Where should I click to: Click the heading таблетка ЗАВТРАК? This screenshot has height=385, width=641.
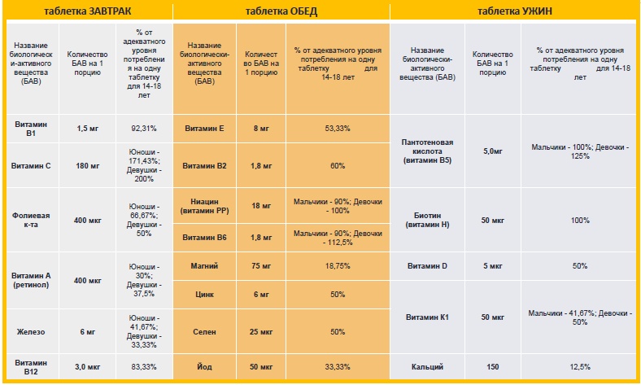click(x=87, y=11)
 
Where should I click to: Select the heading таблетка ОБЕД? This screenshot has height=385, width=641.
click(x=281, y=11)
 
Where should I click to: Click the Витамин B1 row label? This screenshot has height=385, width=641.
click(x=31, y=128)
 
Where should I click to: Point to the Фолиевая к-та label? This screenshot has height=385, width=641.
click(x=31, y=220)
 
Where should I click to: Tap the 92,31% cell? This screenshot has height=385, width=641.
click(x=143, y=128)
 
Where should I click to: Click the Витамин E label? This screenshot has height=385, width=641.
click(x=205, y=128)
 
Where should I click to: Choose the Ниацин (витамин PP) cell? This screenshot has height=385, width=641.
click(x=205, y=205)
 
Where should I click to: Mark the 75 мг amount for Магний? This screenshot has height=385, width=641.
click(x=261, y=265)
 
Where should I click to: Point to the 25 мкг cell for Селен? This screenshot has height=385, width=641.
click(x=261, y=332)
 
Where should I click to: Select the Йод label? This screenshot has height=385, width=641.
click(x=205, y=368)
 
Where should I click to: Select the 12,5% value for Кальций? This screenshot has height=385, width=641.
click(x=579, y=368)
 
